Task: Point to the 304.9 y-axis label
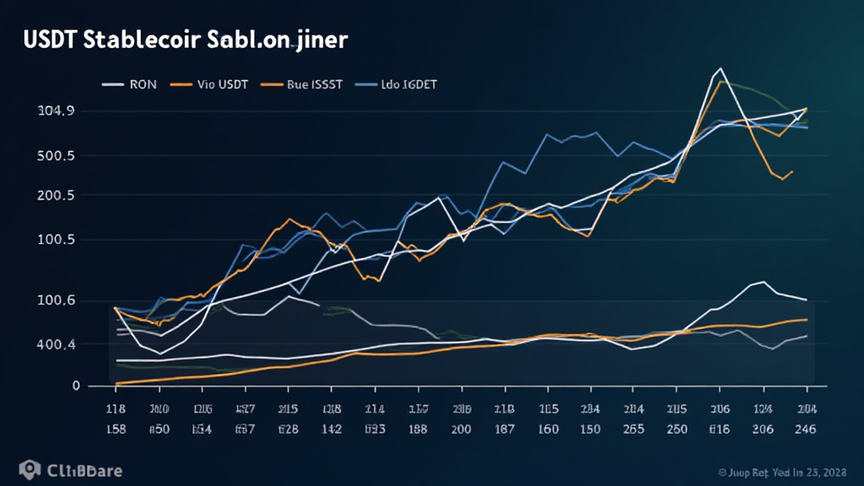click(x=57, y=111)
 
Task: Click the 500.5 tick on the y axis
click(x=57, y=156)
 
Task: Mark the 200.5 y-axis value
click(x=57, y=196)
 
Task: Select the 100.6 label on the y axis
click(x=57, y=300)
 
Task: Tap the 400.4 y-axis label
click(x=57, y=344)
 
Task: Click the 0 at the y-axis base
click(x=76, y=386)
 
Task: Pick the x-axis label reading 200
click(x=462, y=429)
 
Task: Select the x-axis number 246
click(x=805, y=429)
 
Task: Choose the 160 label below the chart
click(x=548, y=429)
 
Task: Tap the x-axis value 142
click(x=332, y=429)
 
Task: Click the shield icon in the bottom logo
click(x=30, y=469)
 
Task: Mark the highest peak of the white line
click(x=720, y=68)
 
